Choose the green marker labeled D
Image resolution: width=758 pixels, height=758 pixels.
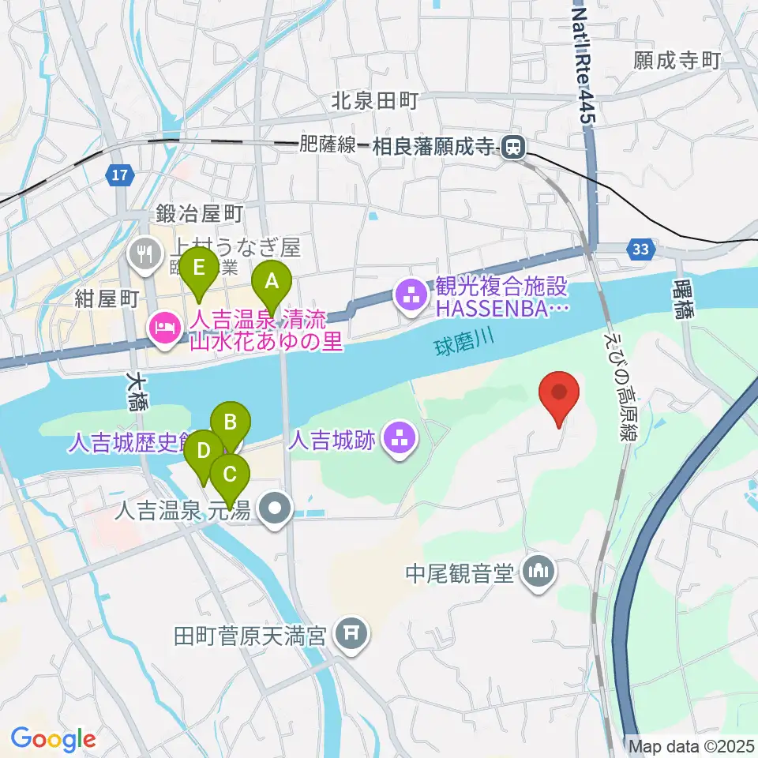pyautogui.click(x=204, y=452)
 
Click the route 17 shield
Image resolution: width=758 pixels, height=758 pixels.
pyautogui.click(x=119, y=177)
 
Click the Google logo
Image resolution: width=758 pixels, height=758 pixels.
pyautogui.click(x=53, y=739)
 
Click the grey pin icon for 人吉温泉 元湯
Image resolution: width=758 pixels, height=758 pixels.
pyautogui.click(x=276, y=511)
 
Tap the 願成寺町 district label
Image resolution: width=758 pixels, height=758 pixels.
pyautogui.click(x=677, y=61)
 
